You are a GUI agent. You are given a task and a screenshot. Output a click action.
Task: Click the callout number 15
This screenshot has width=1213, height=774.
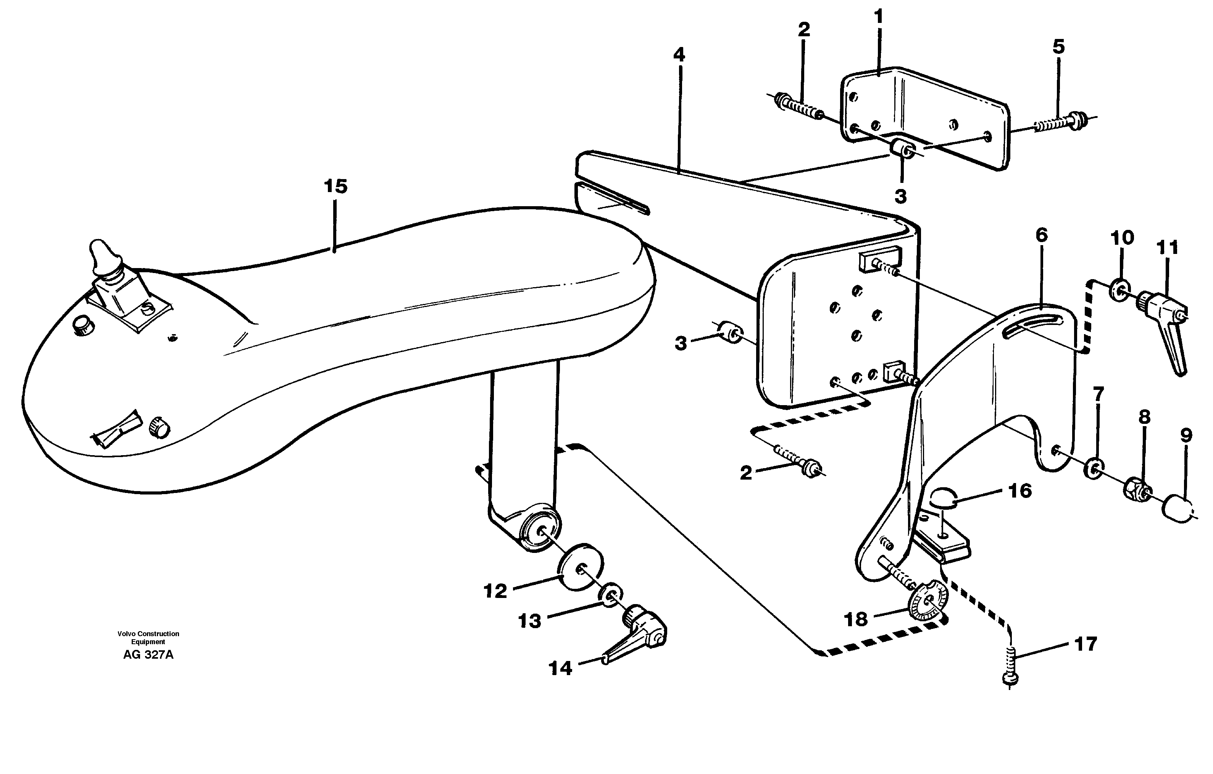[x=335, y=186]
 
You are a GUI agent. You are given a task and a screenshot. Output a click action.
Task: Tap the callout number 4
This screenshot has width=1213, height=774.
[x=679, y=55]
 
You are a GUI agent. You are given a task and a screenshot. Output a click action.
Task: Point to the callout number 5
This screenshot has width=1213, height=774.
[x=1059, y=47]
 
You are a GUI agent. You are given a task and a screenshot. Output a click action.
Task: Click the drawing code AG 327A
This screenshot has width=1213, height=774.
[x=148, y=655]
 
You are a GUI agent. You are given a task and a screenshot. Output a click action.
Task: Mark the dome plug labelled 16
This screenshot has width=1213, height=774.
[x=940, y=499]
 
